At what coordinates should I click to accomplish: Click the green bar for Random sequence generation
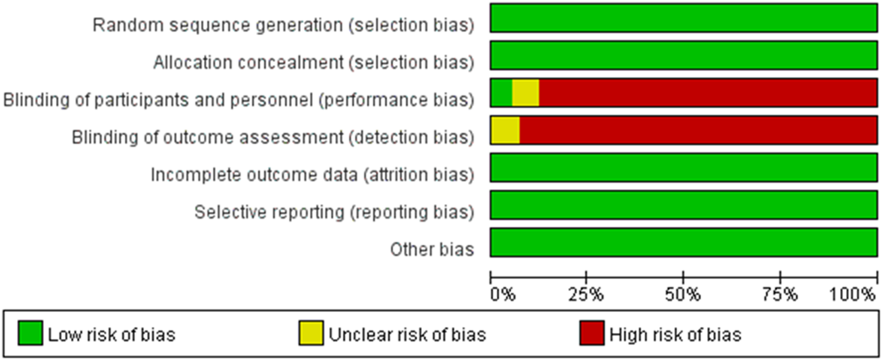click(683, 18)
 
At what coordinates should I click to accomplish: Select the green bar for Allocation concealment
click(683, 55)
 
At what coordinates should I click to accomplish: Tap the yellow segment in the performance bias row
click(525, 93)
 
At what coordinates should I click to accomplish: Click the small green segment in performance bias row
click(501, 93)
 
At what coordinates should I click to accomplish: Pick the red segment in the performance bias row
click(708, 93)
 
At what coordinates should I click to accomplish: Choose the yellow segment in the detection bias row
click(505, 130)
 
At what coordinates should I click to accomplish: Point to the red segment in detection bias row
click(698, 130)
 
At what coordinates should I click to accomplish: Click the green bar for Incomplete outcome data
click(683, 168)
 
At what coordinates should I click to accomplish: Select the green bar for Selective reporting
click(683, 205)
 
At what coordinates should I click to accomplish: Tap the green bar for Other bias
click(683, 242)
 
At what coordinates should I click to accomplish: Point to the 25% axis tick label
click(586, 295)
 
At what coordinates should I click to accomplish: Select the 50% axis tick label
click(683, 295)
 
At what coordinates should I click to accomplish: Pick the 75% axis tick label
click(780, 295)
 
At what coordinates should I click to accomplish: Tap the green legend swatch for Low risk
click(30, 334)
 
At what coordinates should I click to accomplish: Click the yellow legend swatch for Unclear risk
click(311, 334)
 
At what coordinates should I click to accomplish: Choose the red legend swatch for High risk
click(592, 334)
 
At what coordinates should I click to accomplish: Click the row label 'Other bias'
click(432, 249)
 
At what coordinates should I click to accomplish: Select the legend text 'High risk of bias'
click(675, 334)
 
